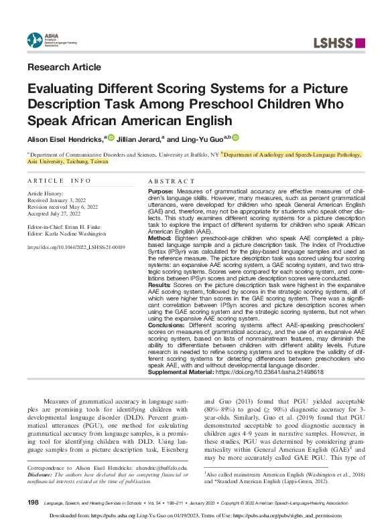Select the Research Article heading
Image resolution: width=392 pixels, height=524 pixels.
pyautogui.click(x=64, y=67)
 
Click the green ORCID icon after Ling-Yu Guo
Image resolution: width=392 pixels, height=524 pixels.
pyautogui.click(x=236, y=139)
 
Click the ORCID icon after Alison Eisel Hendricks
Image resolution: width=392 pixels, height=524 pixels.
pyautogui.click(x=111, y=139)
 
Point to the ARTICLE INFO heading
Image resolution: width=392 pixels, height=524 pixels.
pyautogui.click(x=58, y=181)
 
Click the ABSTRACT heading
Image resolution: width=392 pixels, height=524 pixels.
pyautogui.click(x=168, y=181)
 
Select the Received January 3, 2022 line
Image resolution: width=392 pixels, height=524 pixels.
pyautogui.click(x=57, y=200)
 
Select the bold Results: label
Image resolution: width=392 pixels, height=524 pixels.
pyautogui.click(x=159, y=284)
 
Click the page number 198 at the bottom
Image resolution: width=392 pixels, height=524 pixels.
pyautogui.click(x=33, y=501)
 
